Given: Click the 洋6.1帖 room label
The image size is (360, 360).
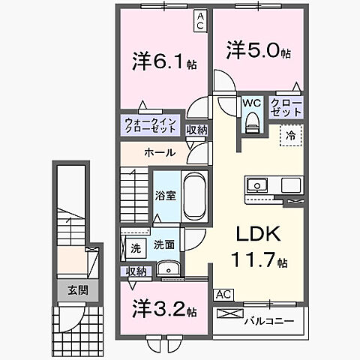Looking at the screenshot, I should (x=165, y=61).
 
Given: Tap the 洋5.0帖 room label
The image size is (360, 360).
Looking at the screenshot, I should (x=259, y=50).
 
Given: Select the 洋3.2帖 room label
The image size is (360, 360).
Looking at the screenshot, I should (x=165, y=310).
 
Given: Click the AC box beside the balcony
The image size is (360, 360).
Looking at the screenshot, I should (x=222, y=295).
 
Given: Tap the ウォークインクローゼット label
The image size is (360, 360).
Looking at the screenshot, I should (x=151, y=124).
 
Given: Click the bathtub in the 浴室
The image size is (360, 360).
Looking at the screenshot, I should (x=194, y=196).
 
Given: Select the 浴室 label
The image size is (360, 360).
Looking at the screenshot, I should (x=166, y=196).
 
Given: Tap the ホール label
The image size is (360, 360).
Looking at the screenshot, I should (x=160, y=153).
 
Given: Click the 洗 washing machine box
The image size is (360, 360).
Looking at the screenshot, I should (x=135, y=248).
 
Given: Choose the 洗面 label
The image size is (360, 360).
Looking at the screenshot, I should (x=163, y=244).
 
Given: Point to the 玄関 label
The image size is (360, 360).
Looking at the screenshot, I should (x=76, y=289).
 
